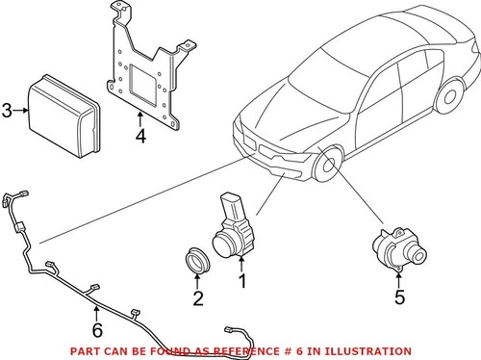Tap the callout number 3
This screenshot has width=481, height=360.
pyautogui.click(x=7, y=112)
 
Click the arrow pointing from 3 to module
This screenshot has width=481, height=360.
pyautogui.click(x=19, y=112)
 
